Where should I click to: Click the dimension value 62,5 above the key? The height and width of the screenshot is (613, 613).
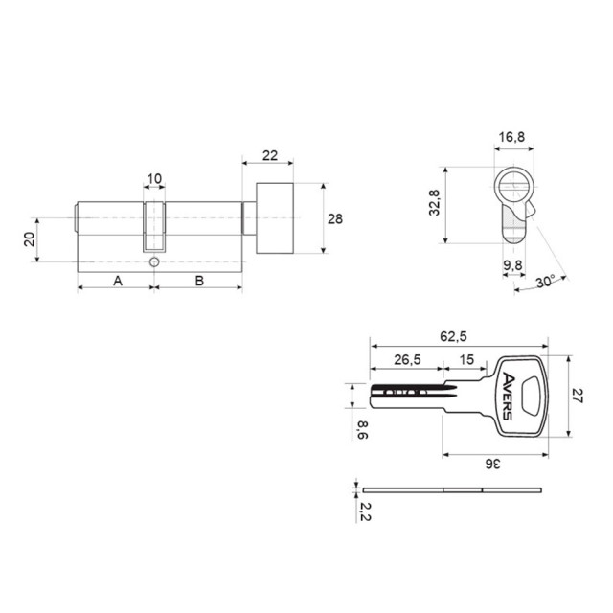[453, 336]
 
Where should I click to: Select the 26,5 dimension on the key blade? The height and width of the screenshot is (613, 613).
[407, 360]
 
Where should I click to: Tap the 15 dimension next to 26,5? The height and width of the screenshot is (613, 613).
[466, 360]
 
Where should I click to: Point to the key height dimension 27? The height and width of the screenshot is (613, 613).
[578, 396]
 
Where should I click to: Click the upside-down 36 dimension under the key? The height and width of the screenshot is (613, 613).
[492, 464]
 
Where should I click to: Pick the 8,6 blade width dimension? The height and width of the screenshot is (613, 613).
[363, 430]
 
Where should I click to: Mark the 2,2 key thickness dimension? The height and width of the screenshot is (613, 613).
[365, 511]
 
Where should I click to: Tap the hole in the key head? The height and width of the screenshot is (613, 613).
[532, 396]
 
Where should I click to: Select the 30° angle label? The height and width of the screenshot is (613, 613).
[545, 281]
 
